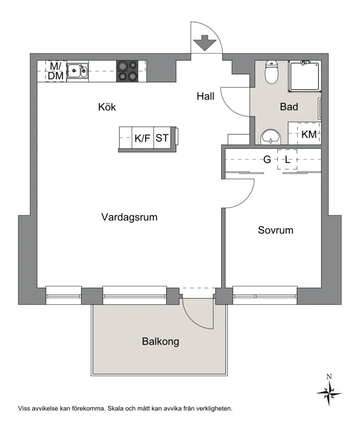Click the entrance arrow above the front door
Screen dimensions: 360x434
pos(204,43)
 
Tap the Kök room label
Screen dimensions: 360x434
pos(107,107)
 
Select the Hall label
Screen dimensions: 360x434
pos(206,96)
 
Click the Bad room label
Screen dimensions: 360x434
pos(289,107)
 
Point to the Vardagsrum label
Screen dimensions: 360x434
pos(129,217)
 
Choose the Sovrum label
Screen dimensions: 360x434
pos(275,230)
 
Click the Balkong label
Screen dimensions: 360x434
pos(161,341)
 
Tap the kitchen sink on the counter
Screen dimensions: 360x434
pos(77,71)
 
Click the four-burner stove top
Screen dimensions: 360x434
pos(127,71)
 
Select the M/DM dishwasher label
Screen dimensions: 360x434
pos(56,71)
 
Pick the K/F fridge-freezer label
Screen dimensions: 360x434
pos(142,138)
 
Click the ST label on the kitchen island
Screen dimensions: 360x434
pos(162,138)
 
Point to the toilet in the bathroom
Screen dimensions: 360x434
pos(271,72)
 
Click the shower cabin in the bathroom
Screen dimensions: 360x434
pos(304,76)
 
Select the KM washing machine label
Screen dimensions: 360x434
pos(309,134)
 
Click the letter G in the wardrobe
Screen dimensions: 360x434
pos(267,160)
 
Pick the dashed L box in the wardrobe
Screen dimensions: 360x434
pos(288,159)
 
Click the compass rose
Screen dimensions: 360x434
pos(329,393)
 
